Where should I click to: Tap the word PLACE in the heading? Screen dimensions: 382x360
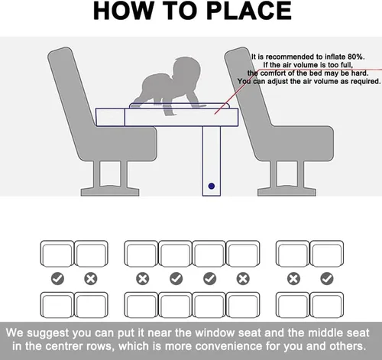point(248,11)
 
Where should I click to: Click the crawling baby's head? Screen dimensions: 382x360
point(186,70)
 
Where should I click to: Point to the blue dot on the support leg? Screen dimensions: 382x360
point(212,186)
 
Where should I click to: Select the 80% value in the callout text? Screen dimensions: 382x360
point(356,57)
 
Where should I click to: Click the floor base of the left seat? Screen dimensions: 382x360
point(110,192)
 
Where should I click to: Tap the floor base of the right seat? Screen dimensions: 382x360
point(286,192)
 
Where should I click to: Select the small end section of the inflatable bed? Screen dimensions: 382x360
point(110,117)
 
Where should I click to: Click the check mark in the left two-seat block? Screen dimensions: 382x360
point(57,278)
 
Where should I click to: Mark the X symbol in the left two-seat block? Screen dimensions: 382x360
point(91,278)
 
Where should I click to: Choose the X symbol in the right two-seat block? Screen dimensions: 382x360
point(293,278)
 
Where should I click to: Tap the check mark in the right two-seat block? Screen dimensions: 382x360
point(327,278)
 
